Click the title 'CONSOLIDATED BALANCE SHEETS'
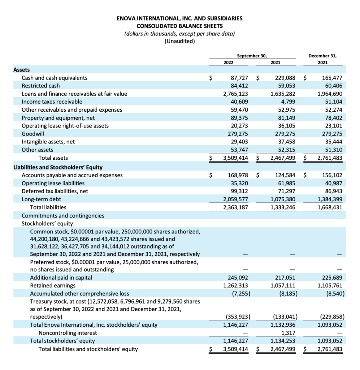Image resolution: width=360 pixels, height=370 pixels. [x=179, y=26]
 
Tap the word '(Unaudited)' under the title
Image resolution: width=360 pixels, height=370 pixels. [x=179, y=41]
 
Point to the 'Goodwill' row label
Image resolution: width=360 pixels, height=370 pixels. [x=33, y=134]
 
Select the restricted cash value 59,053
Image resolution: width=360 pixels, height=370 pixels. [x=286, y=86]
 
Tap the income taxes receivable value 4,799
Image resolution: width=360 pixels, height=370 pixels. [x=287, y=102]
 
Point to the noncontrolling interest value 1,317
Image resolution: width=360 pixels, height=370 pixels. [x=289, y=333]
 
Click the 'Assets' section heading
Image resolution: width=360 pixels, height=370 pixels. [x=22, y=70]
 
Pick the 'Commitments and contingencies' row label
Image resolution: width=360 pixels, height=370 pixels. [x=63, y=215]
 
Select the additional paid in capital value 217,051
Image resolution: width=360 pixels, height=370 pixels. [x=286, y=277]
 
